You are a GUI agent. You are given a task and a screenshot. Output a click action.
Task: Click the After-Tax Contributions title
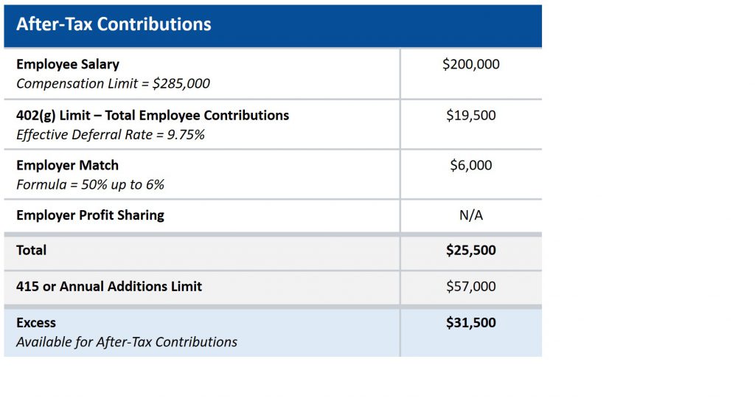click(x=114, y=24)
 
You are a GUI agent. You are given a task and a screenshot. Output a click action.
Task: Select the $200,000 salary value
click(x=471, y=64)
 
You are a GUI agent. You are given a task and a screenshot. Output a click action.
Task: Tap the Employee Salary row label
click(x=68, y=65)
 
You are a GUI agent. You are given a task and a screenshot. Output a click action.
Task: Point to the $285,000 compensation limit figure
click(x=181, y=84)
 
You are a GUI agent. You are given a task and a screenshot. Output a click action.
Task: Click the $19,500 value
click(x=471, y=115)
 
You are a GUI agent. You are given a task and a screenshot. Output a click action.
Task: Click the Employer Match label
click(x=67, y=165)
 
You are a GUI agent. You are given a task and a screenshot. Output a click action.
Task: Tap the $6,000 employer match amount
click(x=471, y=165)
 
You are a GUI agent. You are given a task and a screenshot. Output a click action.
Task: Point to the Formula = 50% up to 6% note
click(x=91, y=185)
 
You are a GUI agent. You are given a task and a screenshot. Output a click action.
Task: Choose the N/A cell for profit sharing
click(x=471, y=215)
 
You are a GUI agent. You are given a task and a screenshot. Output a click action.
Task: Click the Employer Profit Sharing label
click(x=90, y=215)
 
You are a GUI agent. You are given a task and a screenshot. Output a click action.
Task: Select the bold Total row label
click(x=31, y=251)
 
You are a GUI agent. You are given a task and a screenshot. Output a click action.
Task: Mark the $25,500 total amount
click(x=471, y=251)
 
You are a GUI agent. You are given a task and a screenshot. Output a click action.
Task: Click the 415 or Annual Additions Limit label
click(x=109, y=287)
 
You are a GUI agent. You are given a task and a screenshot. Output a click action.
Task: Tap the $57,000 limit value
click(x=471, y=287)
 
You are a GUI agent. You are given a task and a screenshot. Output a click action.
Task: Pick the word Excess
click(x=36, y=323)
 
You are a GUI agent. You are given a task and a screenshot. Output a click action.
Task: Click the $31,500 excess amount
click(x=471, y=323)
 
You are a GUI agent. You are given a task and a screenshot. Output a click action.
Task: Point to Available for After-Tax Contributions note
click(x=127, y=342)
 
